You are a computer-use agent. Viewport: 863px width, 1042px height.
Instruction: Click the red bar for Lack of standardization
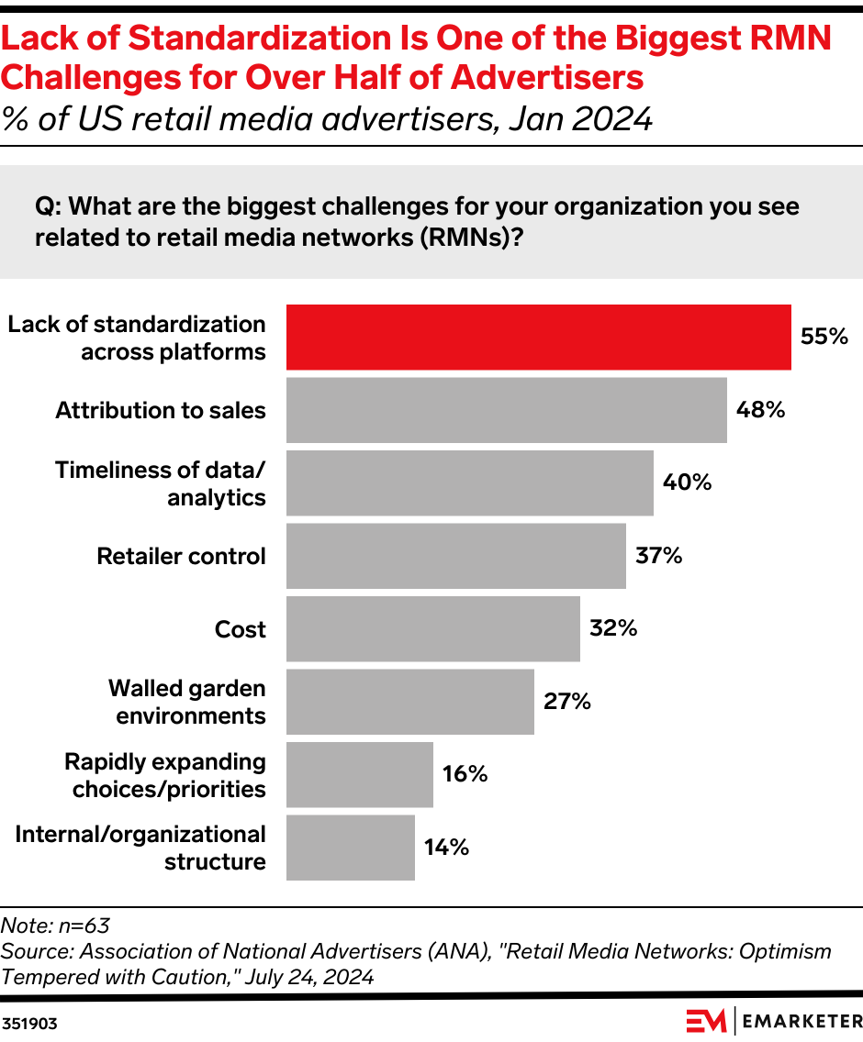(x=538, y=338)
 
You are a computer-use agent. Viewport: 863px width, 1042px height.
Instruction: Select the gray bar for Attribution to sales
(x=506, y=410)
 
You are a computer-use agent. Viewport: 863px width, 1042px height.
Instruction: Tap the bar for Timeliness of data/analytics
(x=469, y=482)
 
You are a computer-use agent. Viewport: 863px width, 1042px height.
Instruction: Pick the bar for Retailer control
(x=455, y=556)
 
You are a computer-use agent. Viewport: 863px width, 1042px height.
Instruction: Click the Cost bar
(x=432, y=628)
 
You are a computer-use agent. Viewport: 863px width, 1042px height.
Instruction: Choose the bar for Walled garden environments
(x=409, y=702)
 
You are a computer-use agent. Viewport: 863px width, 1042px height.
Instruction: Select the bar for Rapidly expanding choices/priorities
(x=359, y=774)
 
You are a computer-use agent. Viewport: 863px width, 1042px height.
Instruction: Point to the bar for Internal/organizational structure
(x=350, y=848)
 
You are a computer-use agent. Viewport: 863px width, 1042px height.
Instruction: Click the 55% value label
(x=824, y=337)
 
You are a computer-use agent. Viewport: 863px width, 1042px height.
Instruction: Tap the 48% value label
(x=760, y=410)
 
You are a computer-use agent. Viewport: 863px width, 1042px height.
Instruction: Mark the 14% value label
(x=446, y=848)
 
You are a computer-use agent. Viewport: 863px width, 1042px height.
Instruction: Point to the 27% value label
(x=566, y=702)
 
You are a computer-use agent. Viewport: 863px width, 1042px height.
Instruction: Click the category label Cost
(x=240, y=629)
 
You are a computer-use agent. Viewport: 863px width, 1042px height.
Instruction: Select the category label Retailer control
(x=181, y=557)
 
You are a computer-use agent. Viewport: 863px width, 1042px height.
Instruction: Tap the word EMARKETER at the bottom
(x=801, y=1021)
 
